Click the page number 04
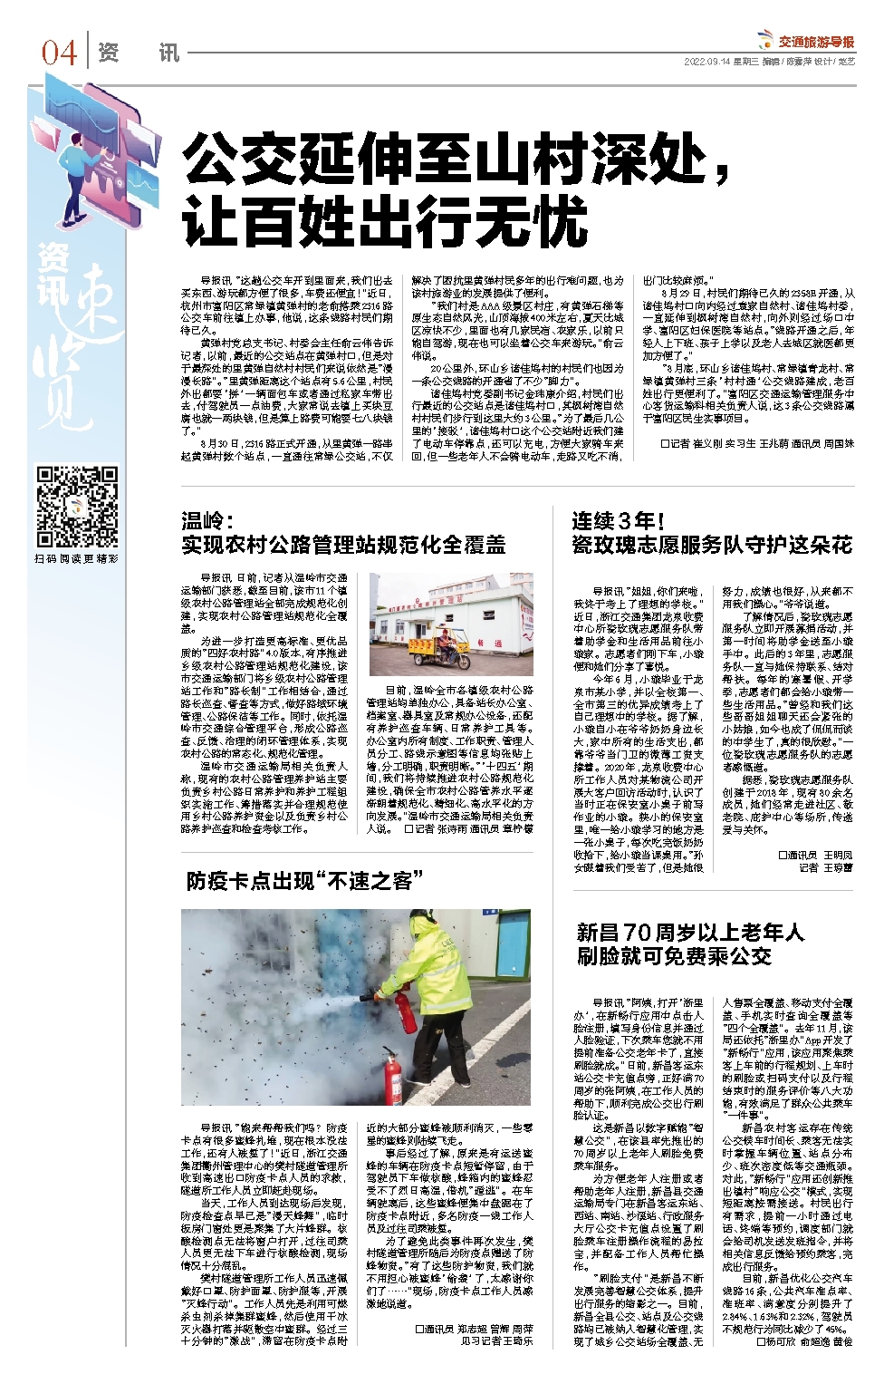[59, 53]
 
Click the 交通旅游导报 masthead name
[816, 41]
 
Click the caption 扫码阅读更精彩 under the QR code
[77, 559]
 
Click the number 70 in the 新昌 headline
[637, 933]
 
